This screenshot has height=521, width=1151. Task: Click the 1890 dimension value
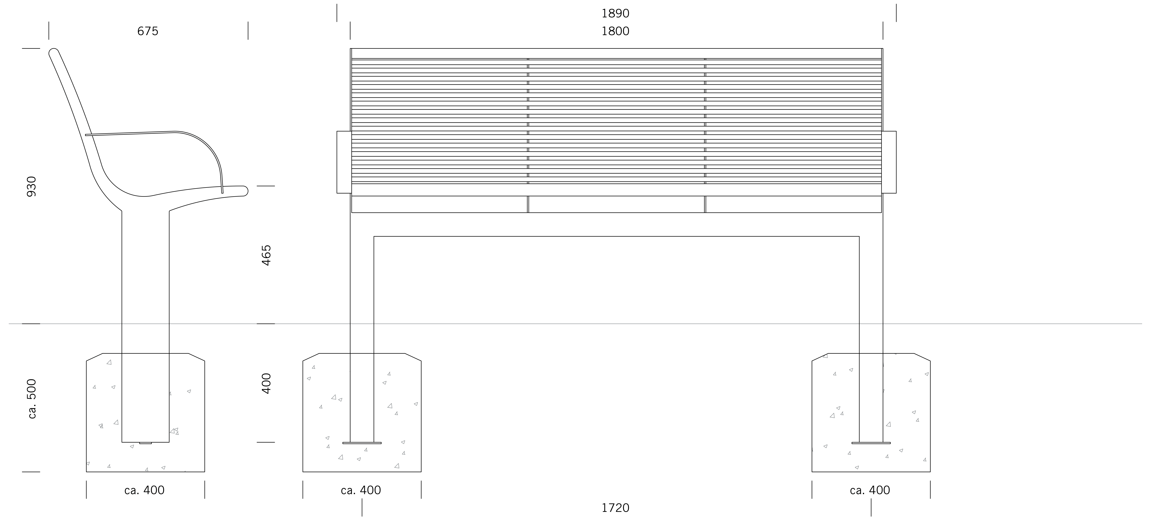615,13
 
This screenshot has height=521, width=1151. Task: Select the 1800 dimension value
615,31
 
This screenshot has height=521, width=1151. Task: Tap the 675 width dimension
148,31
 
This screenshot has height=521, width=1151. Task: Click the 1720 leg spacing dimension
615,508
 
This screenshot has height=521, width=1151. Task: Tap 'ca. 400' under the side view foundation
144,490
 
